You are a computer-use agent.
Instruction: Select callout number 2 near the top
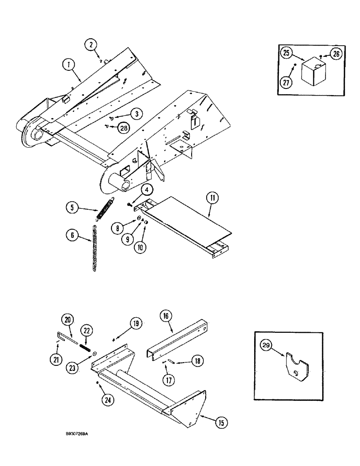(x=91, y=45)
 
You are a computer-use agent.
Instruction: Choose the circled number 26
(x=336, y=55)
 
